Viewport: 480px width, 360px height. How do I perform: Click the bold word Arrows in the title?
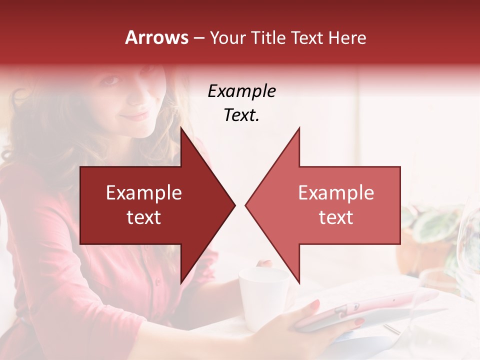point(157,37)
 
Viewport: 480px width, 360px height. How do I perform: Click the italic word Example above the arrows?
point(241,91)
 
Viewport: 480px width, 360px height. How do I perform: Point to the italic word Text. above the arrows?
point(241,115)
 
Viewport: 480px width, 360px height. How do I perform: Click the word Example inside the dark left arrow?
point(144,193)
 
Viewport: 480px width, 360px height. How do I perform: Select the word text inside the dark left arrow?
point(144,217)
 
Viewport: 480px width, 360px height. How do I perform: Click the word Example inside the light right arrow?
point(336,193)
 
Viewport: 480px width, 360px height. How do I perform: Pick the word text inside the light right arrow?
point(336,217)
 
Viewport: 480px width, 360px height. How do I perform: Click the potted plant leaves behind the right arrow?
point(430,225)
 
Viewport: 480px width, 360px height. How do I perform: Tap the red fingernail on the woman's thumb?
point(315,304)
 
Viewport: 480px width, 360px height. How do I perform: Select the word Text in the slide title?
point(308,37)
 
